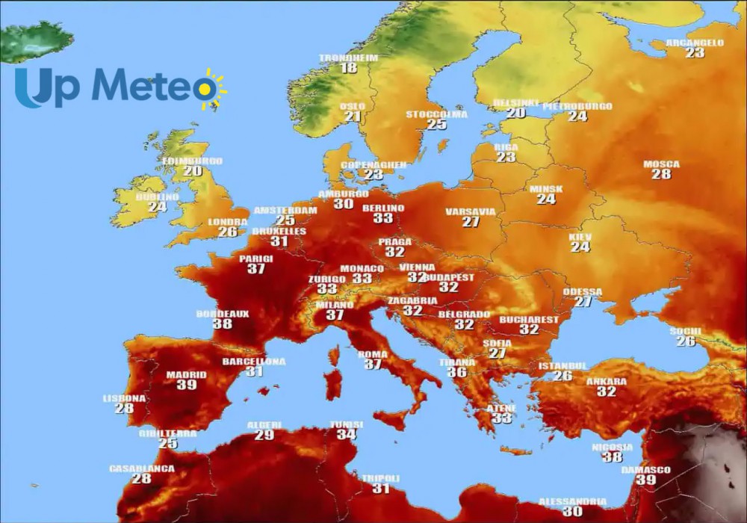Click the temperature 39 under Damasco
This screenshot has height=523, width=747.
(645, 480)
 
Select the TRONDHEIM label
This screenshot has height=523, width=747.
(348, 58)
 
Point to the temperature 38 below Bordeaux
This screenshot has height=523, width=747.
(222, 324)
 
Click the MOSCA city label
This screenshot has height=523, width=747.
(661, 164)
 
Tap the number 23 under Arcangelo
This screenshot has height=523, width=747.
(695, 53)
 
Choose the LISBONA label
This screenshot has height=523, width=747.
(124, 398)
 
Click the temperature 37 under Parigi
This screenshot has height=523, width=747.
(256, 269)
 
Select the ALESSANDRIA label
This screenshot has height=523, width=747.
(572, 501)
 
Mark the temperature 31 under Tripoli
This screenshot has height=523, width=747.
(381, 489)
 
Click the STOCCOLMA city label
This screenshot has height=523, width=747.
(436, 114)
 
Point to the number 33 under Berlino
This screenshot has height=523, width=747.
(383, 218)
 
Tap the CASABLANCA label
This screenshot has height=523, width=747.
(141, 468)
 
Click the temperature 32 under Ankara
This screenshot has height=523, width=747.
(607, 392)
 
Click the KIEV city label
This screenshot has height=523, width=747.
(580, 237)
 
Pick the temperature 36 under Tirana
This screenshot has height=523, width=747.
(457, 372)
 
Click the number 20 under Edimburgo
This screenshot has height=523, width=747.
(193, 171)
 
